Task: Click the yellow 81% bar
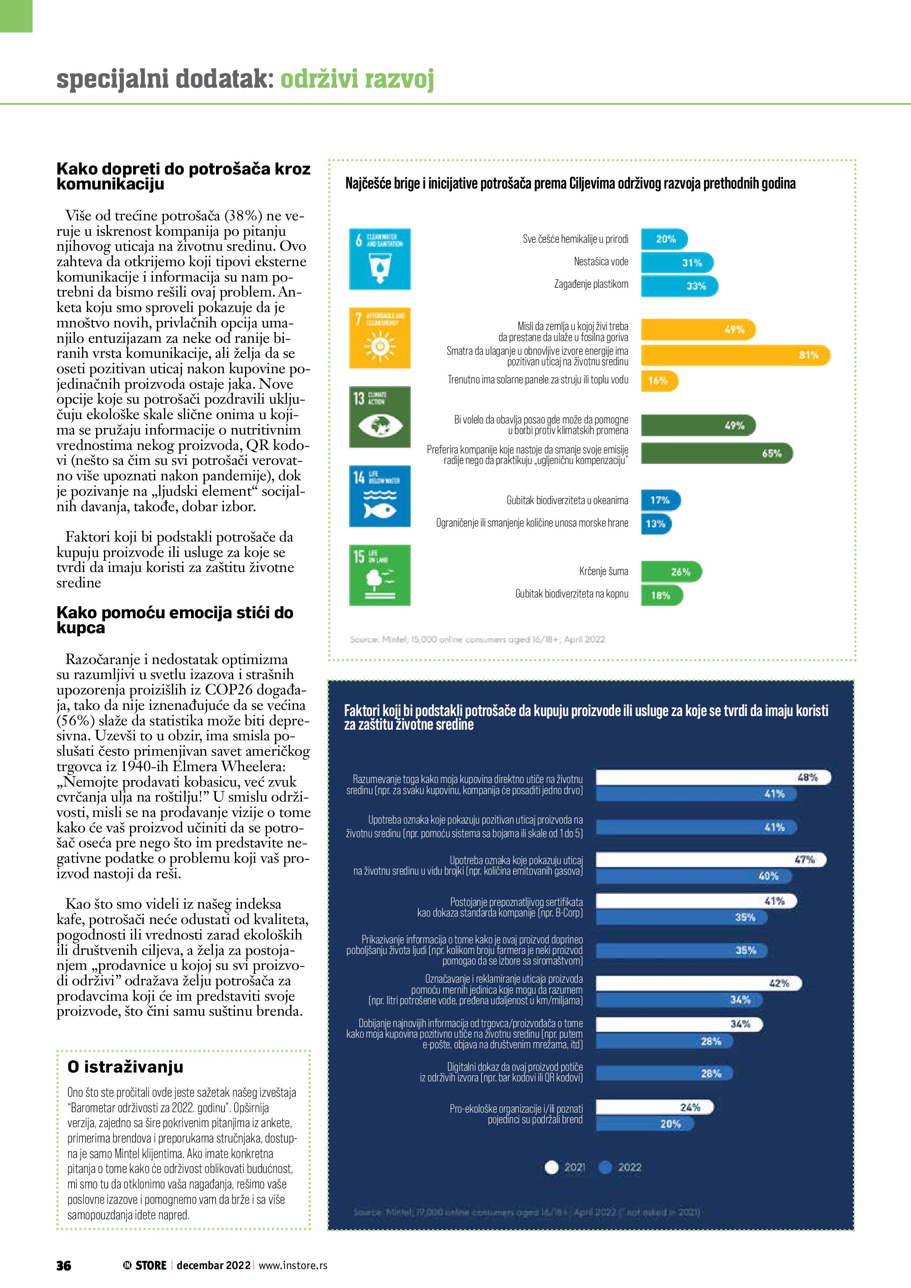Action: pyautogui.click(x=735, y=355)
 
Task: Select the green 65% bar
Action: pyautogui.click(x=717, y=453)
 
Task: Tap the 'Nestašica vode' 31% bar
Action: pyautogui.click(x=677, y=263)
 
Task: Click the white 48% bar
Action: pyautogui.click(x=712, y=777)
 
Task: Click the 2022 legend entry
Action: pyautogui.click(x=621, y=1167)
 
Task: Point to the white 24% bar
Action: pyautogui.click(x=654, y=1107)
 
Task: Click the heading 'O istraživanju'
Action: pyautogui.click(x=125, y=1066)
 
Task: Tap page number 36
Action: pyautogui.click(x=63, y=1266)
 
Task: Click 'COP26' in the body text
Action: pyautogui.click(x=229, y=690)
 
